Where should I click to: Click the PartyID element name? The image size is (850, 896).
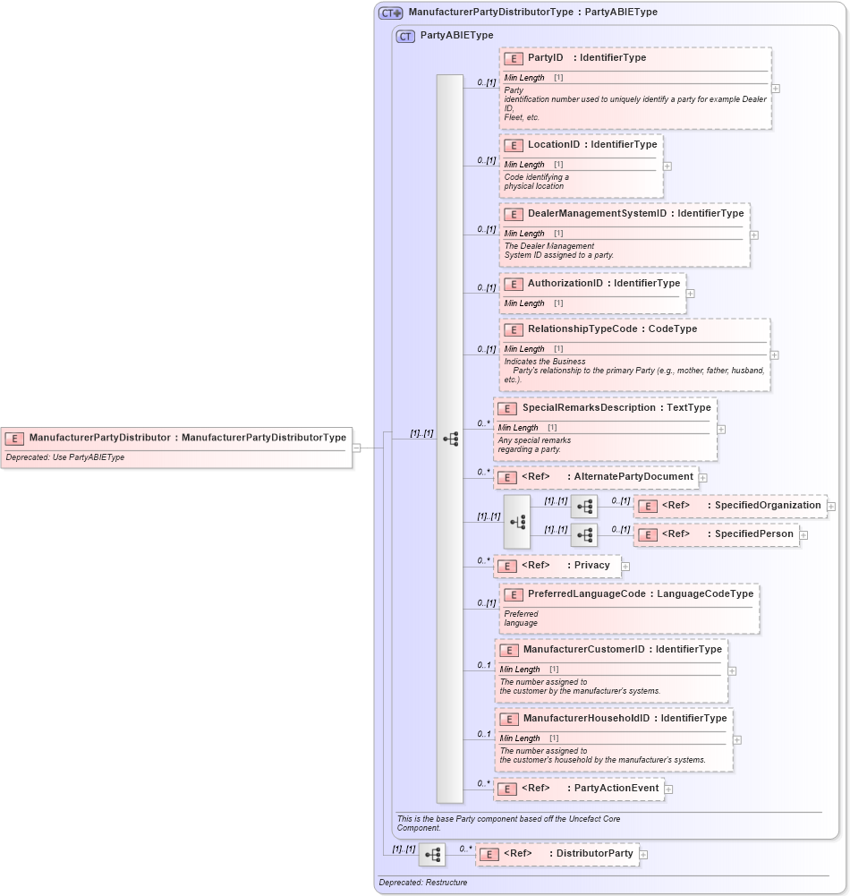545,58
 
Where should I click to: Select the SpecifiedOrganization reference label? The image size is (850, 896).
767,506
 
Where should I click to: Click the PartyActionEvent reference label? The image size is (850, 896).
616,789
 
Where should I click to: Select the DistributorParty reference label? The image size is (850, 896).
594,854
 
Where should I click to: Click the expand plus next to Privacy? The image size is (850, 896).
625,566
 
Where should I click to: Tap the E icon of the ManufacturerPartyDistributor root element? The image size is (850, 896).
14,439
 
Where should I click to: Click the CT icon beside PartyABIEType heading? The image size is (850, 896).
406,36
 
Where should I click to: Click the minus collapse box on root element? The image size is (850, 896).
356,448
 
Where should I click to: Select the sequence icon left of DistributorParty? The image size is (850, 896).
432,855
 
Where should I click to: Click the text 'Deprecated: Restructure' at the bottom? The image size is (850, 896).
422,883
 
